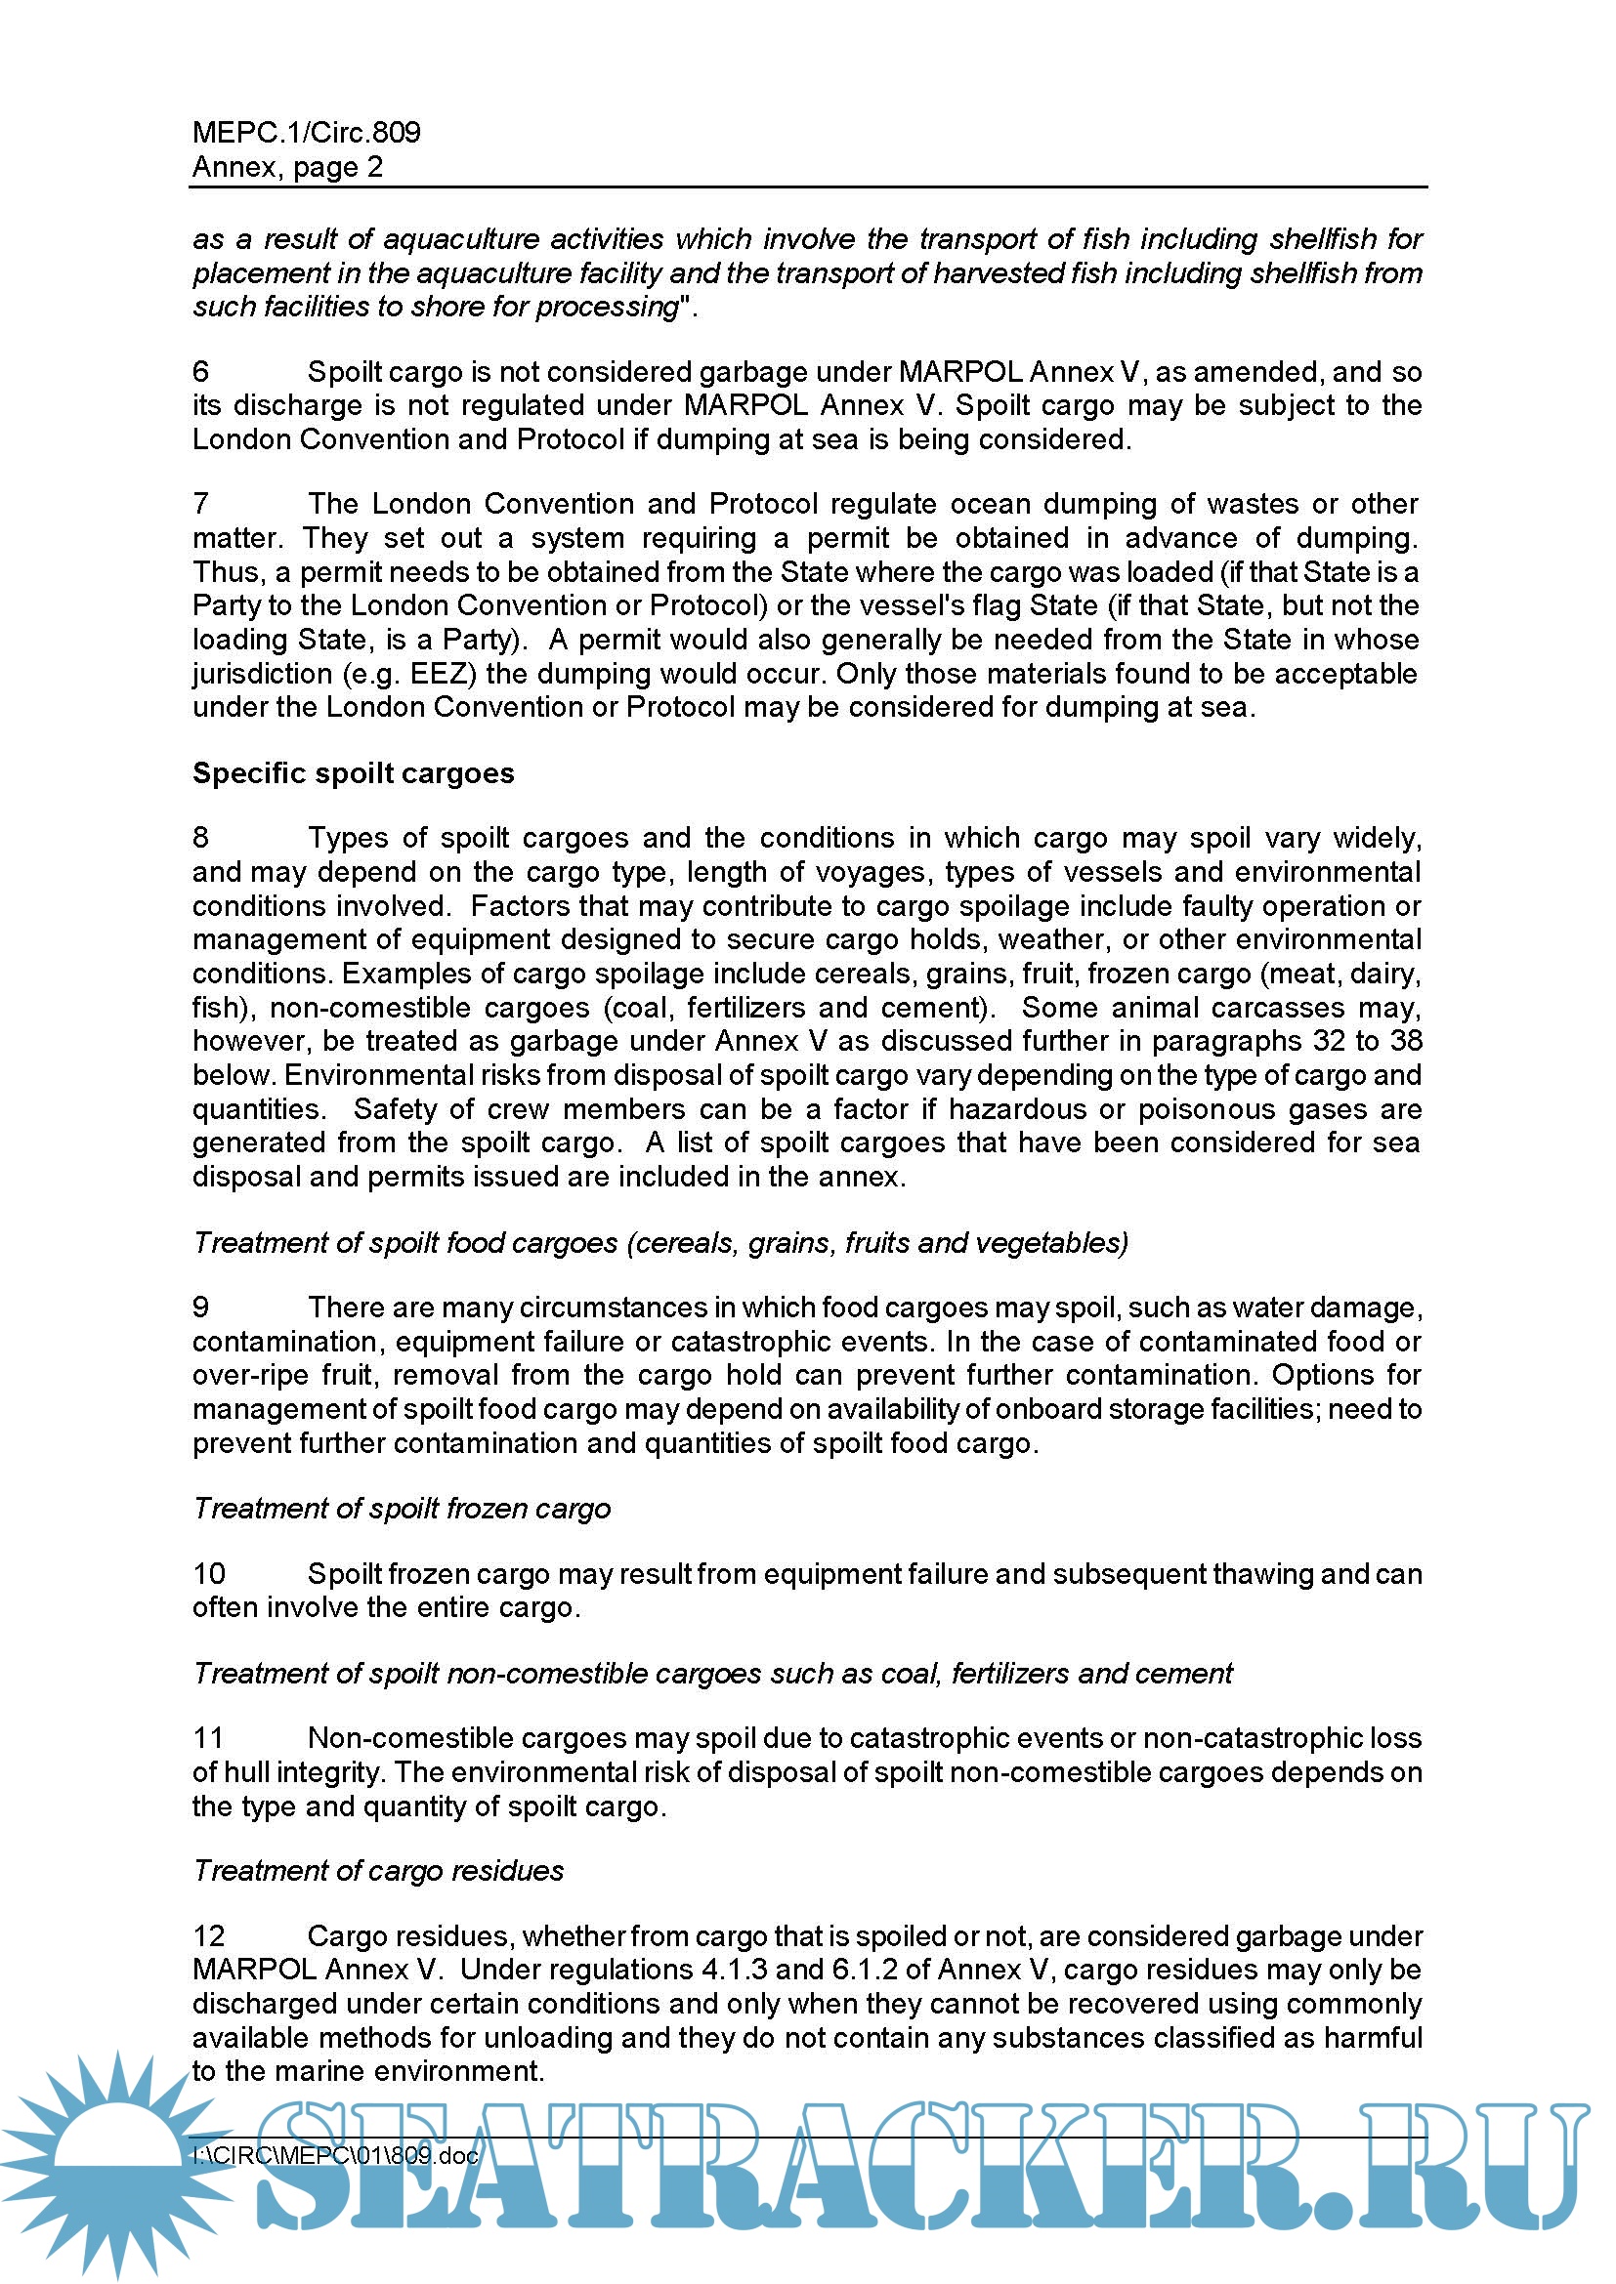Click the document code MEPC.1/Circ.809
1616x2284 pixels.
click(306, 132)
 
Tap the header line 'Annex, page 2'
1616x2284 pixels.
click(286, 167)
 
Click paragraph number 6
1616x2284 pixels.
click(201, 371)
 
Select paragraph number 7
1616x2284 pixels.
click(201, 503)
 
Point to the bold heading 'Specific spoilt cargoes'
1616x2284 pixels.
click(354, 773)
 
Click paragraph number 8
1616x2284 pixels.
click(201, 838)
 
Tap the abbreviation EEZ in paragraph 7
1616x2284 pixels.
click(438, 674)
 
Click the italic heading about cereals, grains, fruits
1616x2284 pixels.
click(659, 1242)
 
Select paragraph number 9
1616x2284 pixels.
click(201, 1308)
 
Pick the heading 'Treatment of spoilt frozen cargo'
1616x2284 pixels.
click(401, 1508)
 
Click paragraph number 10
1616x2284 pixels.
click(209, 1574)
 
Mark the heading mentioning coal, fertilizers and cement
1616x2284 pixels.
click(712, 1674)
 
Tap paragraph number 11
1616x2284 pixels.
click(209, 1738)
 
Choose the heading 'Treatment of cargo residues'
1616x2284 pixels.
click(378, 1870)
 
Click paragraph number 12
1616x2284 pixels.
click(209, 1935)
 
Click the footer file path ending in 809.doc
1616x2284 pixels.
click(335, 2156)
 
